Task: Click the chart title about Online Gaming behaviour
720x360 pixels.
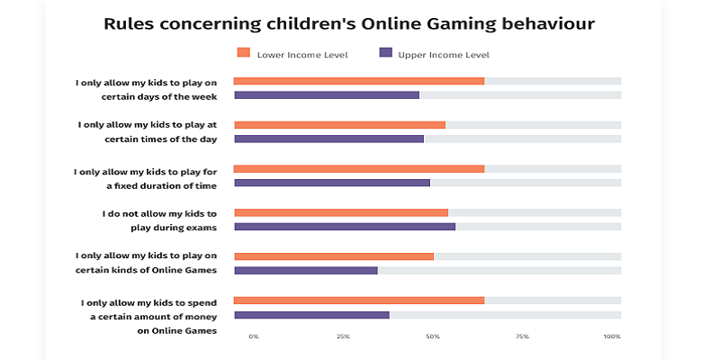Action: pyautogui.click(x=359, y=23)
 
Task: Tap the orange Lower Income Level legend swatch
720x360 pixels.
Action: pyautogui.click(x=242, y=53)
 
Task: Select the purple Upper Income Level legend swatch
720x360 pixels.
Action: pyautogui.click(x=385, y=53)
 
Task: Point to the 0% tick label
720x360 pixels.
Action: pyautogui.click(x=254, y=337)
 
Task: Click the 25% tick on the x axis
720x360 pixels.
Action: pyautogui.click(x=343, y=337)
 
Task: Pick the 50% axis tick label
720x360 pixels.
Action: pyautogui.click(x=433, y=337)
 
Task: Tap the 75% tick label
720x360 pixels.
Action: pyautogui.click(x=522, y=337)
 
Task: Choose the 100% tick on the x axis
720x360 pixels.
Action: pyautogui.click(x=612, y=337)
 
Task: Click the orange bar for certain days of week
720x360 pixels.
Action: pyautogui.click(x=359, y=81)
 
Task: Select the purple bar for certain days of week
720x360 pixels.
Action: pyautogui.click(x=327, y=94)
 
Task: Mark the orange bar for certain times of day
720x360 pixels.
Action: pyautogui.click(x=339, y=124)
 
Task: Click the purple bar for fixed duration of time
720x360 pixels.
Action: pyautogui.click(x=332, y=183)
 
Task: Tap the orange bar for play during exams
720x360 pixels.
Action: pyautogui.click(x=341, y=212)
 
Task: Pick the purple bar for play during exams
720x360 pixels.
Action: pyautogui.click(x=345, y=227)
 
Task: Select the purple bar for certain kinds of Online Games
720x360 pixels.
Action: pyautogui.click(x=306, y=270)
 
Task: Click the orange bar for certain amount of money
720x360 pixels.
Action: pyautogui.click(x=359, y=300)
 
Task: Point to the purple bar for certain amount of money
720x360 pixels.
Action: pyautogui.click(x=311, y=315)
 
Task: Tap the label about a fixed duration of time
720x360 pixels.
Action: pyautogui.click(x=147, y=176)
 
